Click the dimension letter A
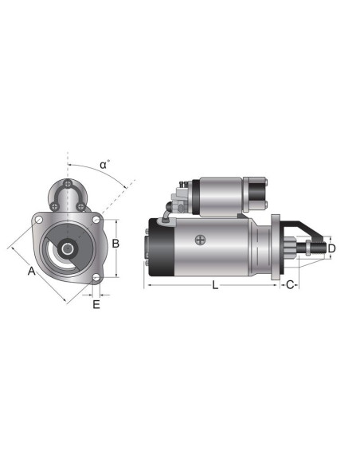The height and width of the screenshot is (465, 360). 31,272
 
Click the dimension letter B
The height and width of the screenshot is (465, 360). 116,244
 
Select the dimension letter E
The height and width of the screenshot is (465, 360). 96,303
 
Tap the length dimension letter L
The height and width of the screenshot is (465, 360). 214,284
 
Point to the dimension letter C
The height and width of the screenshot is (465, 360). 291,284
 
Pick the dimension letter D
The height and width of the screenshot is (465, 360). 332,248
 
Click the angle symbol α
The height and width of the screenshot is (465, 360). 104,165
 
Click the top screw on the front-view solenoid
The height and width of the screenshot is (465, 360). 69,186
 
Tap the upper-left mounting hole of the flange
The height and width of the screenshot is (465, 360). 38,217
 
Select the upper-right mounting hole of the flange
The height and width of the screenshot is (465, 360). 96,220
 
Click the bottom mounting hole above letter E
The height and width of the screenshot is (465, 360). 96,277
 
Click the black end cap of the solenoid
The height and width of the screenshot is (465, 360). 256,193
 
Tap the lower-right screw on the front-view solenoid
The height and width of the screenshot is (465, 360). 81,207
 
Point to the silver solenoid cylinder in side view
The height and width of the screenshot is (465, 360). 219,193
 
